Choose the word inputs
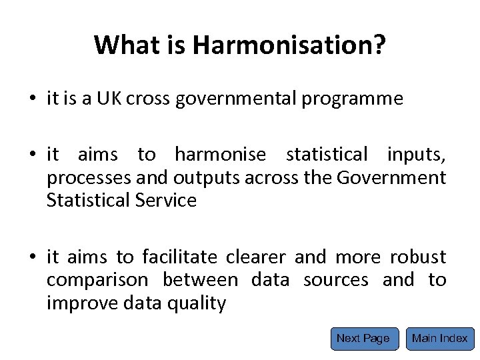point(416,155)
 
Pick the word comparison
point(99,280)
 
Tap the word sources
point(335,280)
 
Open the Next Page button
point(363,338)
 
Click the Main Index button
point(440,338)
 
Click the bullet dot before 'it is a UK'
point(33,100)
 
